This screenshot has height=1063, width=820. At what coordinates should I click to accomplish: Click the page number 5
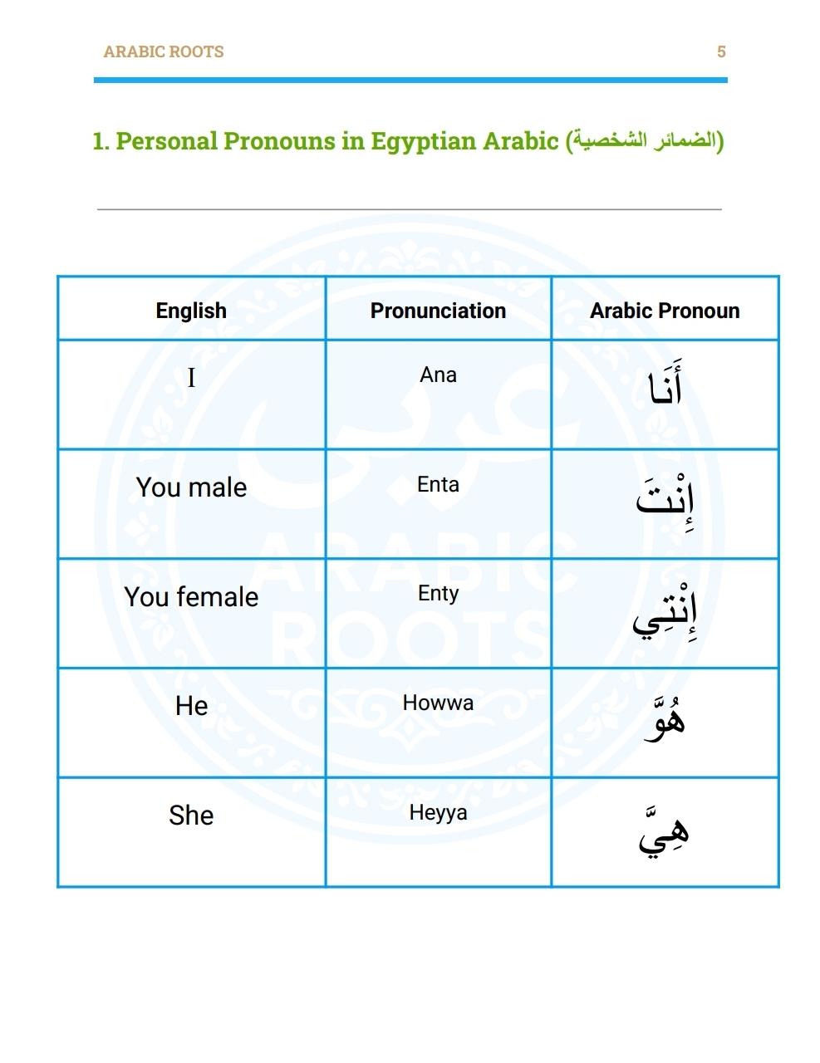[721, 51]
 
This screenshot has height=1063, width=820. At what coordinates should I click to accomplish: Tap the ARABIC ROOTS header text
[164, 51]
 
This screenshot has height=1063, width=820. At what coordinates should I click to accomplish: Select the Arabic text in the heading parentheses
[644, 140]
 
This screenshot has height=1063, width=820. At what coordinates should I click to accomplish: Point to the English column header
[191, 311]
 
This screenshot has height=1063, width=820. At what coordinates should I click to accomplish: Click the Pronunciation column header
[438, 311]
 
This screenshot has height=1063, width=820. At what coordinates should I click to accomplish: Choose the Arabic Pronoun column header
[665, 311]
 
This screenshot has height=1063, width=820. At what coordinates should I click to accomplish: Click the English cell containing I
[191, 379]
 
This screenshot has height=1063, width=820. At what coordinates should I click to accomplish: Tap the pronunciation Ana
[438, 375]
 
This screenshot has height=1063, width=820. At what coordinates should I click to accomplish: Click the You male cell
[191, 487]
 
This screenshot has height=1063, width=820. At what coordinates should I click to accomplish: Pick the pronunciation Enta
[438, 484]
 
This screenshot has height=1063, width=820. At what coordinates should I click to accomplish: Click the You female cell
[191, 597]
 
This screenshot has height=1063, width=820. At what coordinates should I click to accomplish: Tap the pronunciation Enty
[438, 594]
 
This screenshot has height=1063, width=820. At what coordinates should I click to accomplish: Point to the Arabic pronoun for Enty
[665, 612]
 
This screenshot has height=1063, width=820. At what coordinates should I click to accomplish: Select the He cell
[191, 706]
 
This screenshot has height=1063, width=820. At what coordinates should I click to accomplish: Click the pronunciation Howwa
[438, 703]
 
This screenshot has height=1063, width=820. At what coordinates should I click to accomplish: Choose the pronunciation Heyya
[438, 812]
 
